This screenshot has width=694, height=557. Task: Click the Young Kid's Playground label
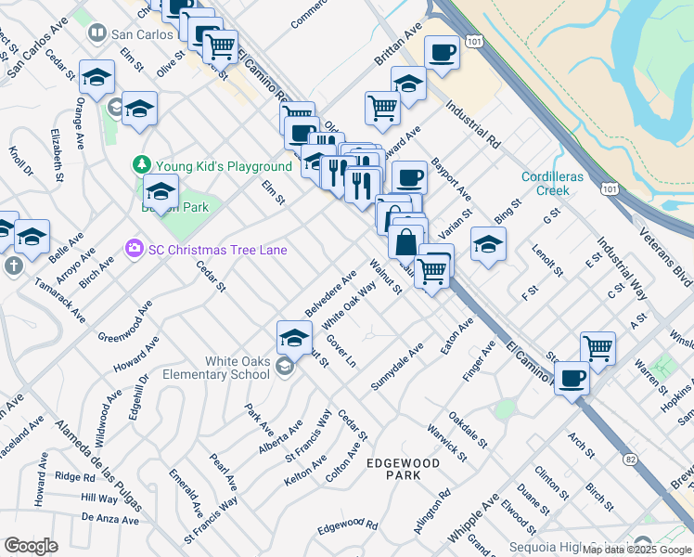pos(224,166)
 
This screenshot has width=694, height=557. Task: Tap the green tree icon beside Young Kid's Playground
pos(141,165)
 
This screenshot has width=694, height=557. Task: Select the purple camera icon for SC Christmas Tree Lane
pos(134,250)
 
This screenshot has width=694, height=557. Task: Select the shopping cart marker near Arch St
pos(598,348)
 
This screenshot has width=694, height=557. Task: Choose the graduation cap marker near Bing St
pos(488,243)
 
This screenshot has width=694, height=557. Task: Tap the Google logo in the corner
pos(32,545)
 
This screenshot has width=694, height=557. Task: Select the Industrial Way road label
pos(621,264)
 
